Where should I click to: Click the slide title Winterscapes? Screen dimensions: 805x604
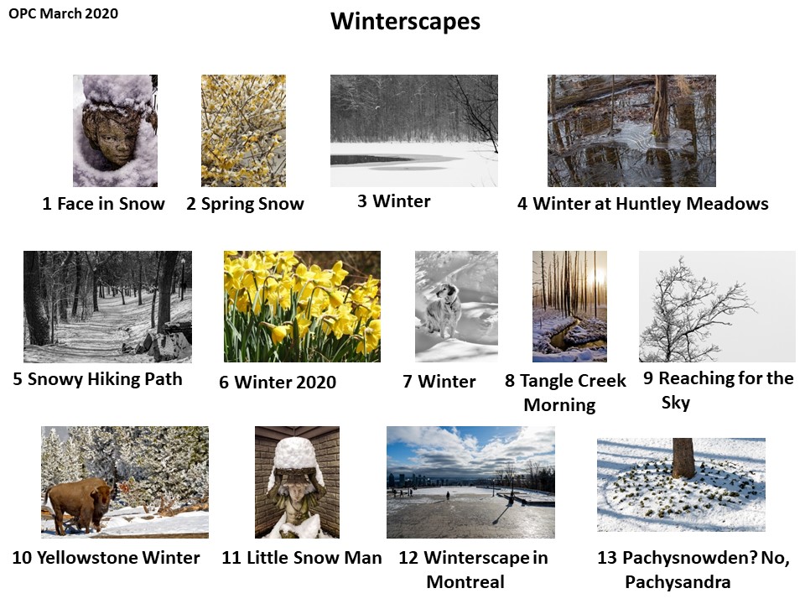tap(406, 22)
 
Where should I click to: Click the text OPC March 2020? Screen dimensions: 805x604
tap(63, 14)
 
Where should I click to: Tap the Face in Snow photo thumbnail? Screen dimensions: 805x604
tap(115, 131)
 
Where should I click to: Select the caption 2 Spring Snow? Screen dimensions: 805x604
tap(245, 204)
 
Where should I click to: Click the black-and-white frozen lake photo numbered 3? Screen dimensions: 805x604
tap(413, 131)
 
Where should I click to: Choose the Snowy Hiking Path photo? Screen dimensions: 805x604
tap(107, 307)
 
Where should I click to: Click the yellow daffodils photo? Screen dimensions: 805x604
tap(302, 307)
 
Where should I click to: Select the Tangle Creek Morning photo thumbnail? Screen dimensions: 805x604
tap(569, 307)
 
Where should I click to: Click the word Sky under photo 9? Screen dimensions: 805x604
tap(676, 403)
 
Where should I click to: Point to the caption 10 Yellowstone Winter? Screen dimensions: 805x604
tap(106, 557)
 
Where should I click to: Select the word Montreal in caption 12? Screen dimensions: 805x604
tap(465, 582)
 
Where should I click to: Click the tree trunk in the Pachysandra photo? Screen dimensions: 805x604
tap(683, 458)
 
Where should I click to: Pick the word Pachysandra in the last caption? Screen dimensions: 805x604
tap(678, 582)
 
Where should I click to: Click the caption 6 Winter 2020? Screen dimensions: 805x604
tap(278, 383)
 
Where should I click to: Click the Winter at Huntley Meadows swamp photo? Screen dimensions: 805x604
tap(631, 131)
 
